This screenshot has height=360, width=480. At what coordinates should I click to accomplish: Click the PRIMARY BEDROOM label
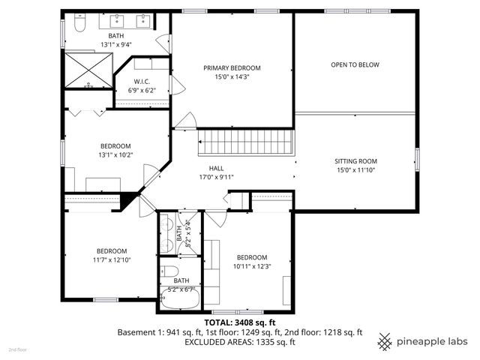coord(231,68)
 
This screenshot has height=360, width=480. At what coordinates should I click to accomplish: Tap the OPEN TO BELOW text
coord(355,64)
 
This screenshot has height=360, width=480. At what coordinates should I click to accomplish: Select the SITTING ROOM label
coord(355,161)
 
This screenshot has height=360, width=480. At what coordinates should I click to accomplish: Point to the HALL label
coord(217,169)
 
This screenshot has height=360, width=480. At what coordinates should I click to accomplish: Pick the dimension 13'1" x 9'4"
coord(115,44)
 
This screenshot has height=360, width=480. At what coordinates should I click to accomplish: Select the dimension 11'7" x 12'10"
coord(111,259)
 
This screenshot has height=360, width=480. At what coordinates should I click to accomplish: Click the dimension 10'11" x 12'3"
coord(251,265)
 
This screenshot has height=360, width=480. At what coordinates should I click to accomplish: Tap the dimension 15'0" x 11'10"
coord(355,170)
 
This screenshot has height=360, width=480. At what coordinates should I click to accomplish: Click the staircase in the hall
coord(247,140)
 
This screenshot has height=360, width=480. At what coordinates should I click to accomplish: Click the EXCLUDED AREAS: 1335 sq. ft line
coord(239,342)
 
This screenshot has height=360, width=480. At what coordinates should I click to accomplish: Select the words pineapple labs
coord(433,341)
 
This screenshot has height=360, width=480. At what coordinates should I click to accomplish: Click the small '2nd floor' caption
coord(16,350)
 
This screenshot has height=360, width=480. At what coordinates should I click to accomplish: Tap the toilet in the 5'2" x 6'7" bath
coord(170,271)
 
